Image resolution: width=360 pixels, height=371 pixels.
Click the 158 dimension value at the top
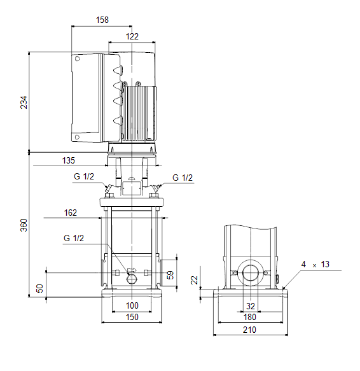point(102,20)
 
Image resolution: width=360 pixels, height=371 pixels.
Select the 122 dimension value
point(132,36)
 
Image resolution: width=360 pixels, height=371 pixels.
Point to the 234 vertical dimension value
point(24,102)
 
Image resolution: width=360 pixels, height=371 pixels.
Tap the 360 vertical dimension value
point(24,225)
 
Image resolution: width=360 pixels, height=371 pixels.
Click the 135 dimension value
point(68,160)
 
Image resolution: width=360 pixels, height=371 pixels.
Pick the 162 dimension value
point(71,213)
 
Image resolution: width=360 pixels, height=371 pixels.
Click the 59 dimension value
point(170,275)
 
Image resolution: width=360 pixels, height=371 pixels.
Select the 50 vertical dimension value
point(39,288)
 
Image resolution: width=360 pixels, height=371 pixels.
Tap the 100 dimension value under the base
point(132,305)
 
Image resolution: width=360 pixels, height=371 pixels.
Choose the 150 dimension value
point(132,317)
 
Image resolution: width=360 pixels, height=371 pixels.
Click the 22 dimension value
point(195,280)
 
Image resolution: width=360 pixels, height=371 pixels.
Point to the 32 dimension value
point(251,306)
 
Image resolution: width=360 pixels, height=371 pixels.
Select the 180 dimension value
point(250,317)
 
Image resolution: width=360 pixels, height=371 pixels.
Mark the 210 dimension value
point(249,330)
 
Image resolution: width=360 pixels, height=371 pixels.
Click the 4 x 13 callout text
point(315,264)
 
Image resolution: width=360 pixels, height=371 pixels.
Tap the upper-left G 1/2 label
point(84,176)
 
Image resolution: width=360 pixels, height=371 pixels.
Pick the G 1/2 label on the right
point(183,178)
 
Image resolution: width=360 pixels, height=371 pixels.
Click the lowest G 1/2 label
point(74,238)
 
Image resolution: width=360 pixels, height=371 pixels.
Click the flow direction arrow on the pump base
point(132,270)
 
